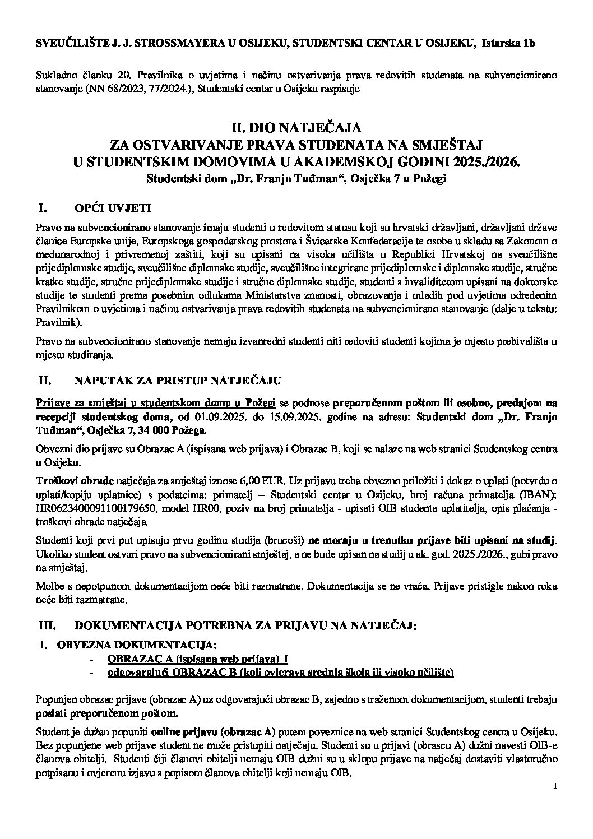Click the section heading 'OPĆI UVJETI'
113,208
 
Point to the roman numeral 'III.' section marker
45,624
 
